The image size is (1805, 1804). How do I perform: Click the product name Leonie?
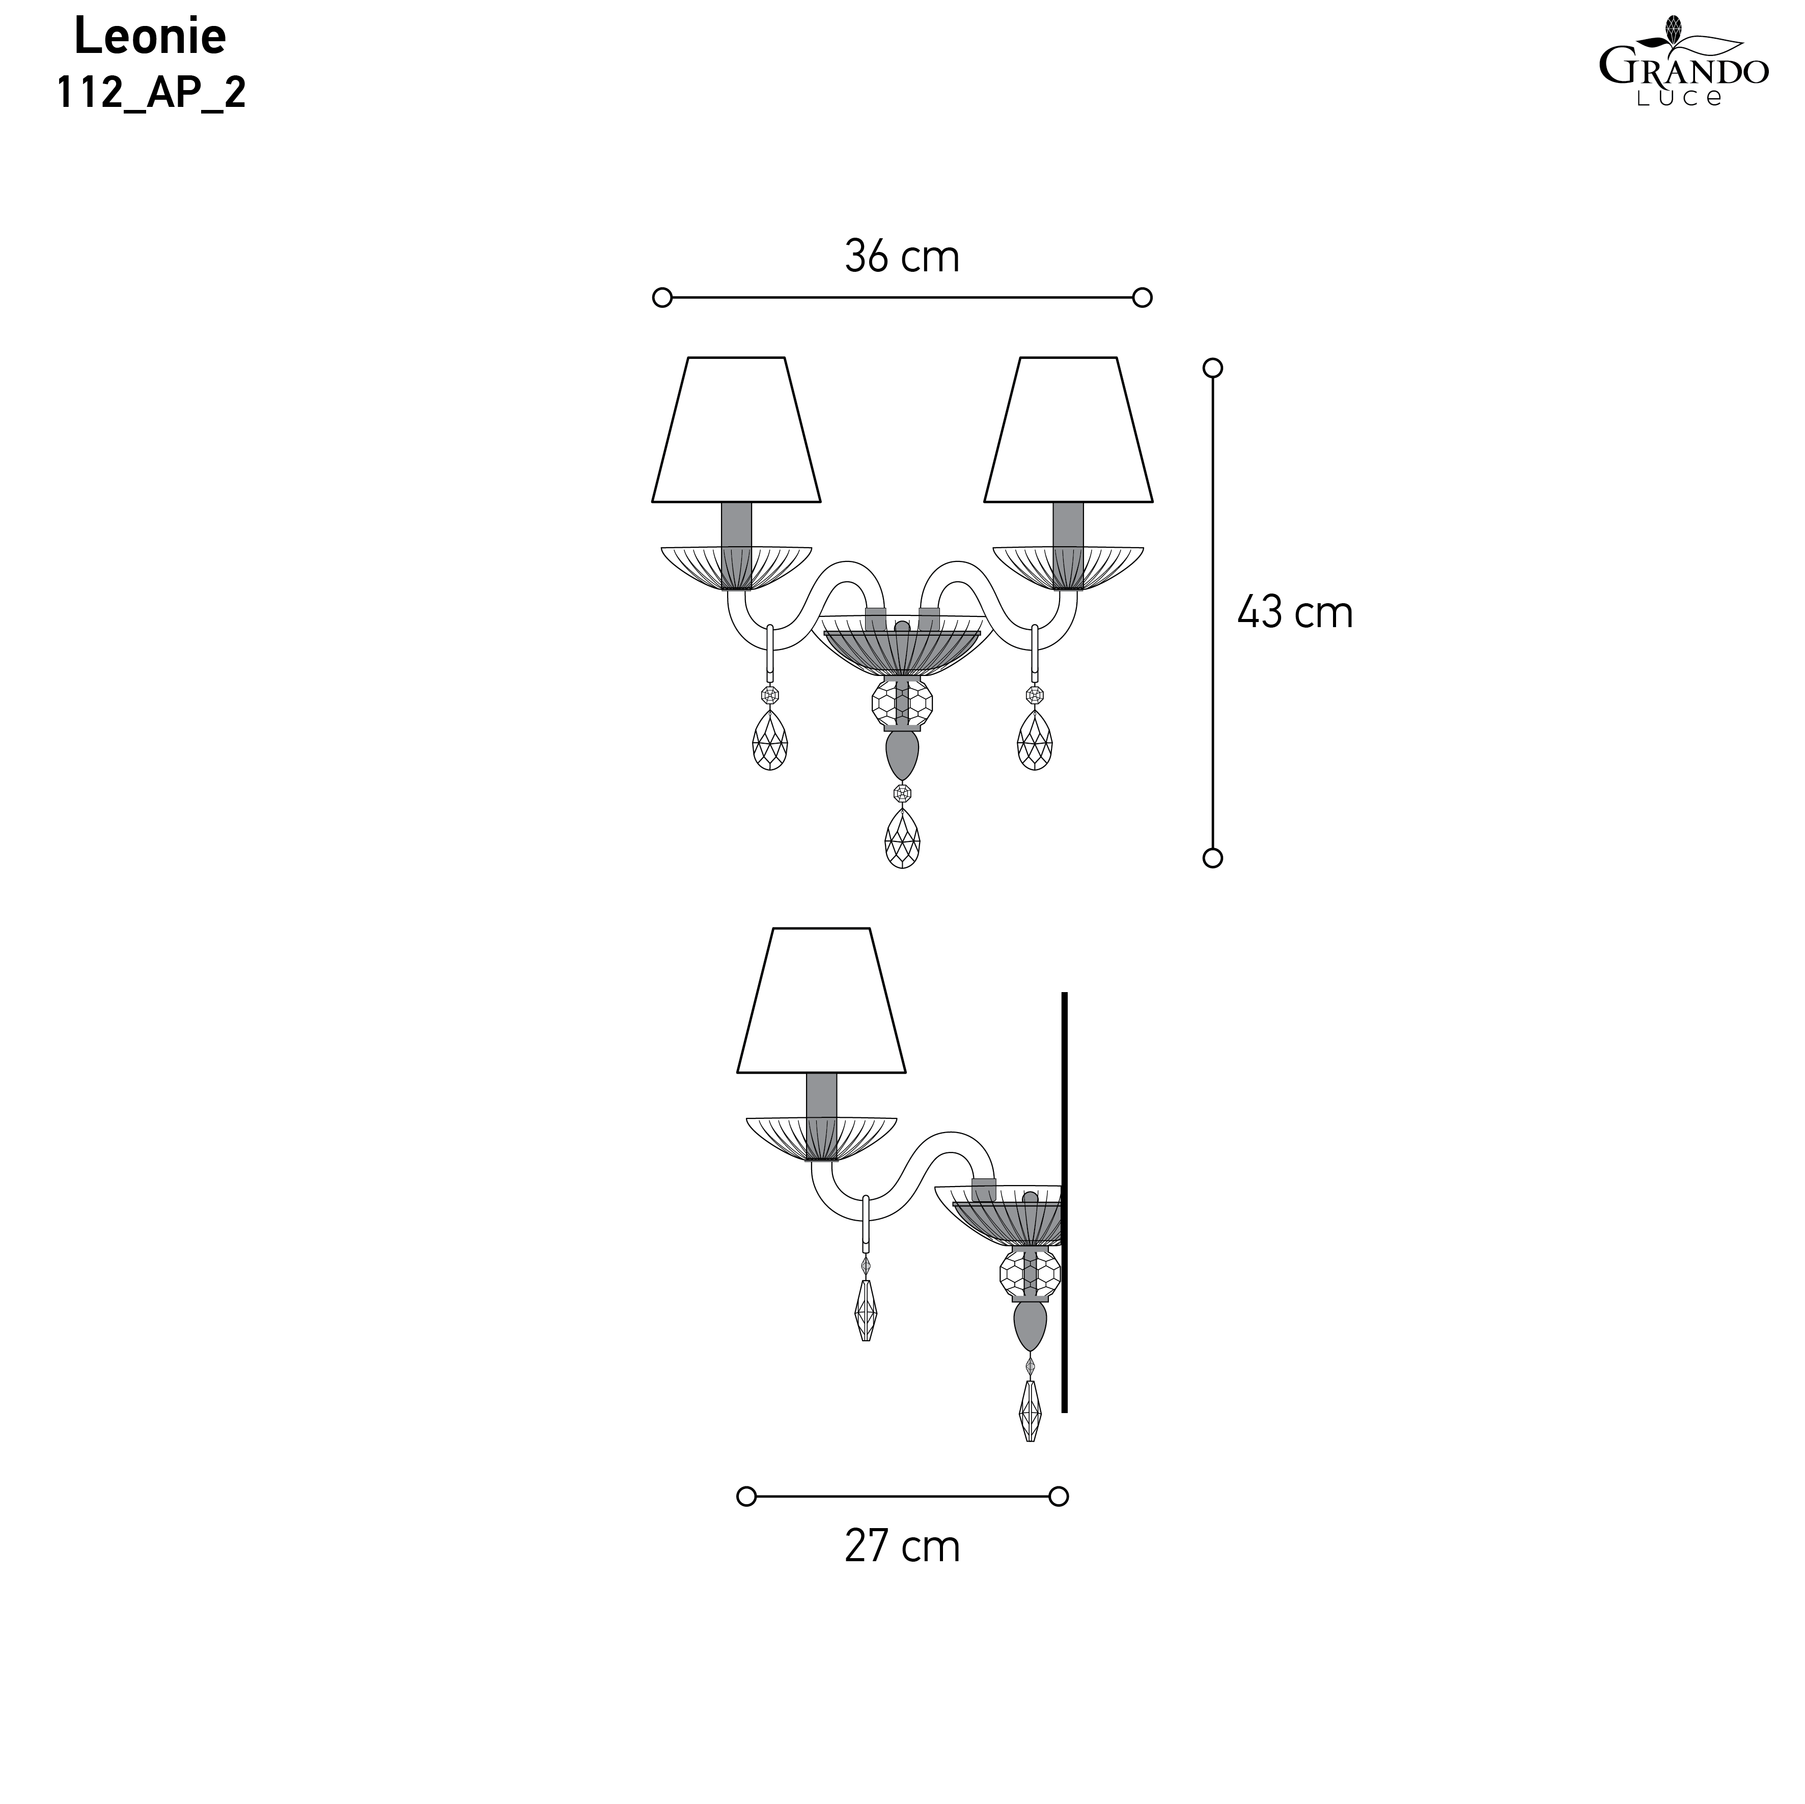point(150,37)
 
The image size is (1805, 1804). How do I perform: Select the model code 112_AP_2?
point(151,93)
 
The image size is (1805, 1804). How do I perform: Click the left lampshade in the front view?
point(736,430)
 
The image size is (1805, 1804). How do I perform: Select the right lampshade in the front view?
point(1068,430)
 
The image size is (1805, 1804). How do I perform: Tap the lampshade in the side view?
point(821,1001)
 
